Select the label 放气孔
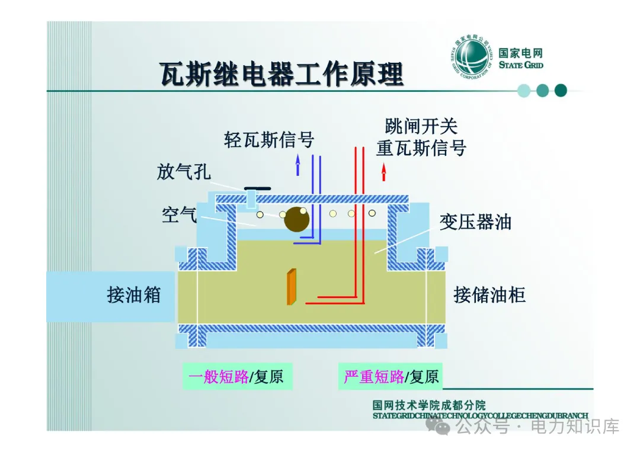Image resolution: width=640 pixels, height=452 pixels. tap(184, 172)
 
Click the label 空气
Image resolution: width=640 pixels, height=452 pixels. tap(180, 214)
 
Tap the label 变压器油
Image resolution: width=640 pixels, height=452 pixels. tap(475, 222)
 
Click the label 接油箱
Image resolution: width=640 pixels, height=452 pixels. tap(134, 294)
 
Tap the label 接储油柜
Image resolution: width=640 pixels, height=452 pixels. tap(489, 294)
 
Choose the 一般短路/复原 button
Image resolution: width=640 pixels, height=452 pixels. tap(237, 377)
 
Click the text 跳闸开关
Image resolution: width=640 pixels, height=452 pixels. tap(421, 126)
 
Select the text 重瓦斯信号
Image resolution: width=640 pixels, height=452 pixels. tap(421, 148)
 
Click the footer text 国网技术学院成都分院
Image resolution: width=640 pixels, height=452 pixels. tap(429, 405)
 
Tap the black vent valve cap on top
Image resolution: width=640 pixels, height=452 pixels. tap(257, 188)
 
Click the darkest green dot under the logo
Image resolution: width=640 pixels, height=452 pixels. tap(561, 91)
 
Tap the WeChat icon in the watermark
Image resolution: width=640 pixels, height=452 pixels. tap(443, 427)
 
